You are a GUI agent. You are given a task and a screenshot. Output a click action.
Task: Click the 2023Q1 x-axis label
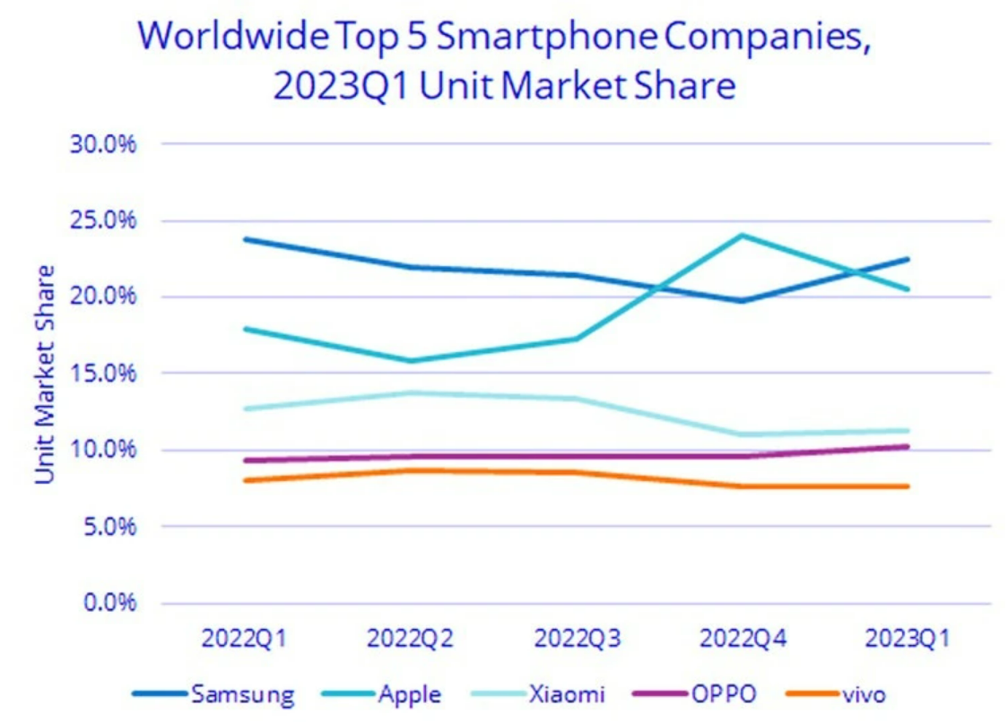907,640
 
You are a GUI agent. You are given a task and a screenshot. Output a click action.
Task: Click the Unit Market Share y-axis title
46,374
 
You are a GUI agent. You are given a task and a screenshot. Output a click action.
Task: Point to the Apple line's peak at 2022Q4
742,236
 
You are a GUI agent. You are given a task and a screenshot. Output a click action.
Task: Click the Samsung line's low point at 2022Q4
742,300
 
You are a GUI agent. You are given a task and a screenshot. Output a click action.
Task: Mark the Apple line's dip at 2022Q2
411,361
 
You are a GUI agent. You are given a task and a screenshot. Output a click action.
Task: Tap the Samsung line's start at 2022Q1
245,239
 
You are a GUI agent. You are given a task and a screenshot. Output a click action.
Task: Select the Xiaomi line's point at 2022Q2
411,392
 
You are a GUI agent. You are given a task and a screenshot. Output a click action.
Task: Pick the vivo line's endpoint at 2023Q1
907,486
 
